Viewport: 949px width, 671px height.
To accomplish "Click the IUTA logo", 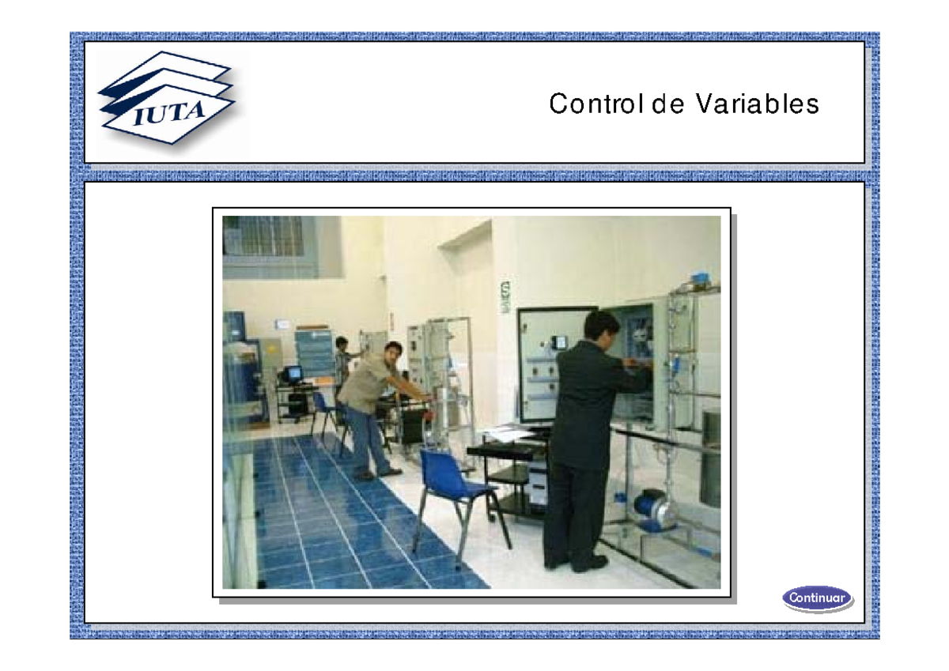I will click(x=166, y=99).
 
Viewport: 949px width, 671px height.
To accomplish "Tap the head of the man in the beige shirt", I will click(x=393, y=353).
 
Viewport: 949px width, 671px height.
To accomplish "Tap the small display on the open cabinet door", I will click(x=560, y=343).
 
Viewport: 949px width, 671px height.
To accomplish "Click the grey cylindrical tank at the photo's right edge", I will click(x=710, y=458).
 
